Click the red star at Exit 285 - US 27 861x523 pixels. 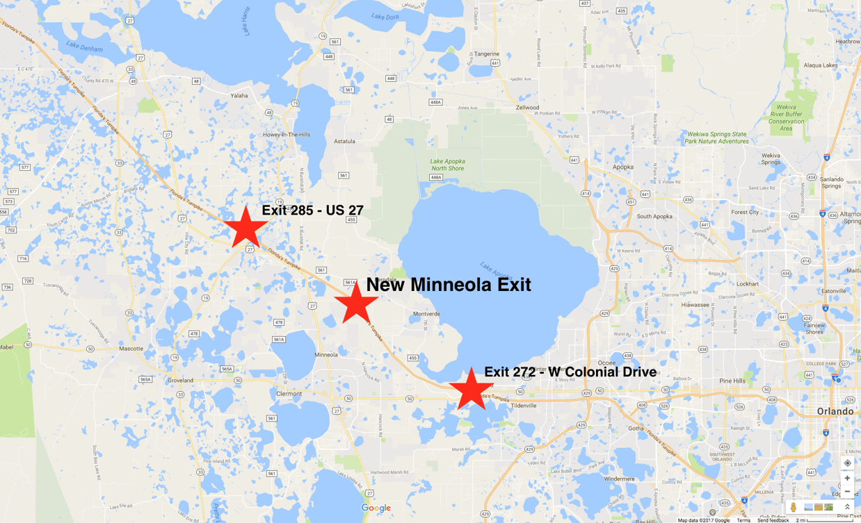tap(246, 228)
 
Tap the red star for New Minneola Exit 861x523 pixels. tap(356, 302)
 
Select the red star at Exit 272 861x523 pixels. tap(471, 389)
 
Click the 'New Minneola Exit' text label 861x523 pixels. tap(448, 285)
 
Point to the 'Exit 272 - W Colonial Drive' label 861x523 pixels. tap(570, 372)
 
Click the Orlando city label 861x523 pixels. tap(835, 411)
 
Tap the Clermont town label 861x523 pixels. tap(289, 394)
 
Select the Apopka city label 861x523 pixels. tap(623, 167)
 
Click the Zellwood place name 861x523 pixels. tap(527, 108)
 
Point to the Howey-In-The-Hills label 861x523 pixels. tap(287, 135)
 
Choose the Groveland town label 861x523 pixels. tap(180, 381)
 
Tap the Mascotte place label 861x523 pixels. tap(131, 349)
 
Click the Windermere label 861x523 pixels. tap(619, 479)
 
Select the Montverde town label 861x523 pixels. tap(426, 314)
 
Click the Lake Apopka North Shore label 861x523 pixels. tap(447, 165)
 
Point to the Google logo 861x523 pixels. tap(376, 508)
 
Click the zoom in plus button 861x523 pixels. tap(847, 479)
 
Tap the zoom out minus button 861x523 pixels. tap(847, 492)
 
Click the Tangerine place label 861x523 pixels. tap(487, 54)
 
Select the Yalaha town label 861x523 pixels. tap(239, 96)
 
